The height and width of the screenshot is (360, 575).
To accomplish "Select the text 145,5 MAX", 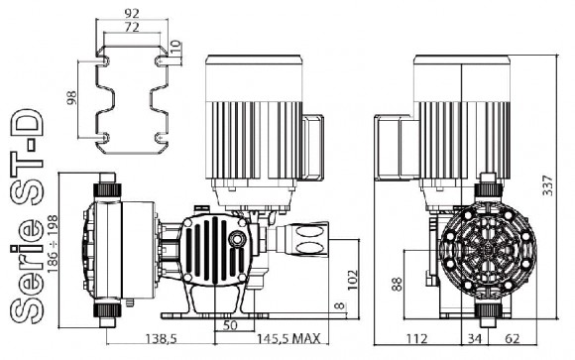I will [x=287, y=340].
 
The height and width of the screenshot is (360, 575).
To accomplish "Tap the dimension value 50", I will [x=230, y=325].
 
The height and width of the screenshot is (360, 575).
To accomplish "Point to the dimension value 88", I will [x=396, y=285].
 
